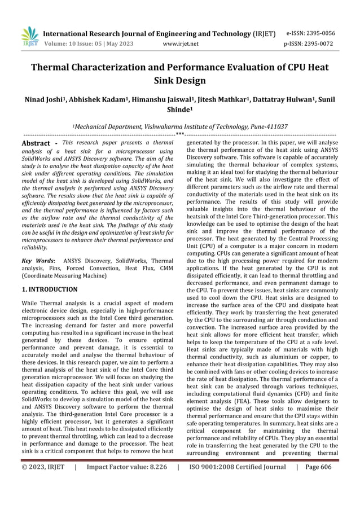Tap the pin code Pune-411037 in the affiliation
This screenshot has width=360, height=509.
tap(266, 127)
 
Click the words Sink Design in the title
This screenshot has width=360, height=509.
tap(179, 81)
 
